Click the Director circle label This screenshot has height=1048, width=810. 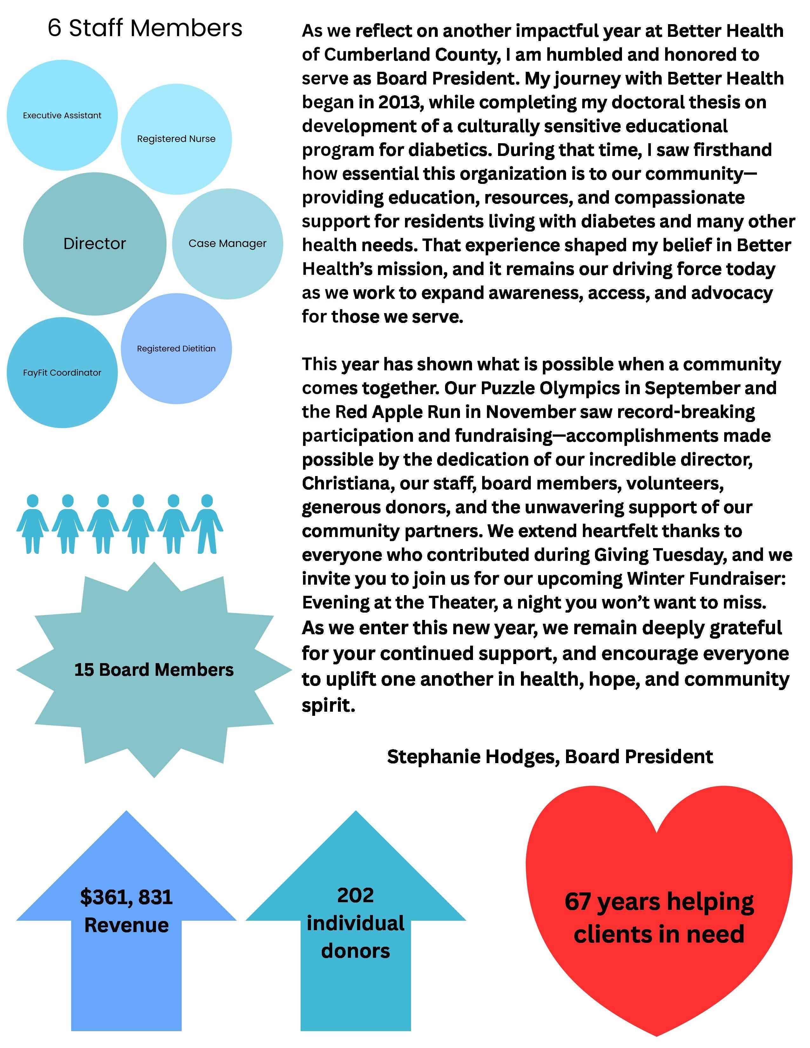coord(95,244)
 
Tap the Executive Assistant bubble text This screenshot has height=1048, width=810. coord(62,116)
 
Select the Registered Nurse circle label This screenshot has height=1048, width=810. coord(176,139)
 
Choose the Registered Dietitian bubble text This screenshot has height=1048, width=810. coord(176,349)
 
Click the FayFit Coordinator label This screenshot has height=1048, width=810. coord(62,373)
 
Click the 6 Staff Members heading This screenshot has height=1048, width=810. coord(145,28)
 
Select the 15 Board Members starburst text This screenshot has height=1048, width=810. coord(153,670)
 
